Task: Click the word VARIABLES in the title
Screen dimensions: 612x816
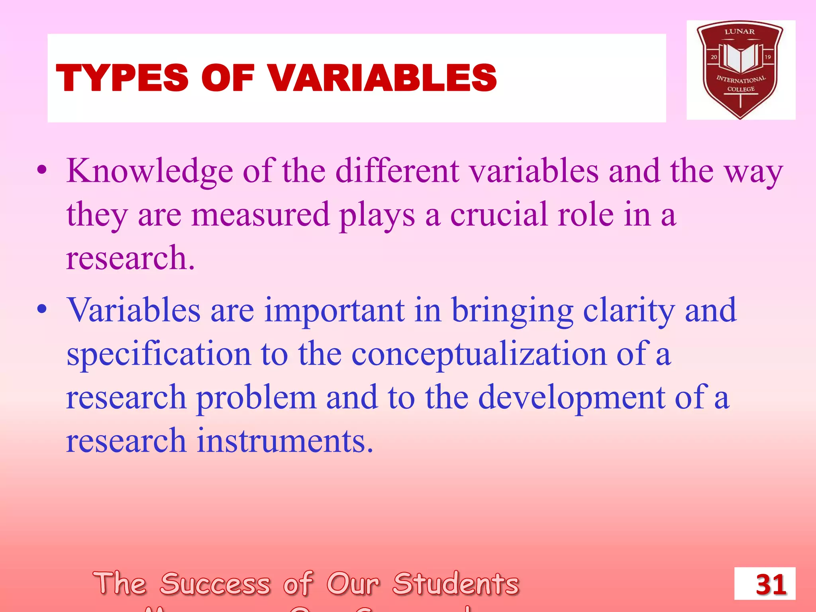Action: coord(382,78)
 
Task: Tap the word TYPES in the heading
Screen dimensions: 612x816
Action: coord(122,78)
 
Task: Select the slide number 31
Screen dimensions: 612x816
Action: coord(771,585)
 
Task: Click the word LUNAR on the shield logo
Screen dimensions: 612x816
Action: coord(739,31)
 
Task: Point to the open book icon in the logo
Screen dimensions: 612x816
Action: coord(740,58)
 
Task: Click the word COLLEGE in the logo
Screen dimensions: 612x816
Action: coord(741,89)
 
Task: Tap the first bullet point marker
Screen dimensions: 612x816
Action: coord(42,171)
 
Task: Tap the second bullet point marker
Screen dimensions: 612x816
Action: coord(42,309)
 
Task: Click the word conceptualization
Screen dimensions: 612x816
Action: coord(479,354)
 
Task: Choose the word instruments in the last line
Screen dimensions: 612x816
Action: coord(285,441)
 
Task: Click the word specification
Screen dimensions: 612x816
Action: coord(159,354)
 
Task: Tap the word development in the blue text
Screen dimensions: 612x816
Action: coord(571,398)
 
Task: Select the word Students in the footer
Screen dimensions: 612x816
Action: coord(456,584)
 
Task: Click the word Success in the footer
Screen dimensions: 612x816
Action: coord(215,584)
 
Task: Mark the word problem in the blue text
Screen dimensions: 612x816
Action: coord(256,398)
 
